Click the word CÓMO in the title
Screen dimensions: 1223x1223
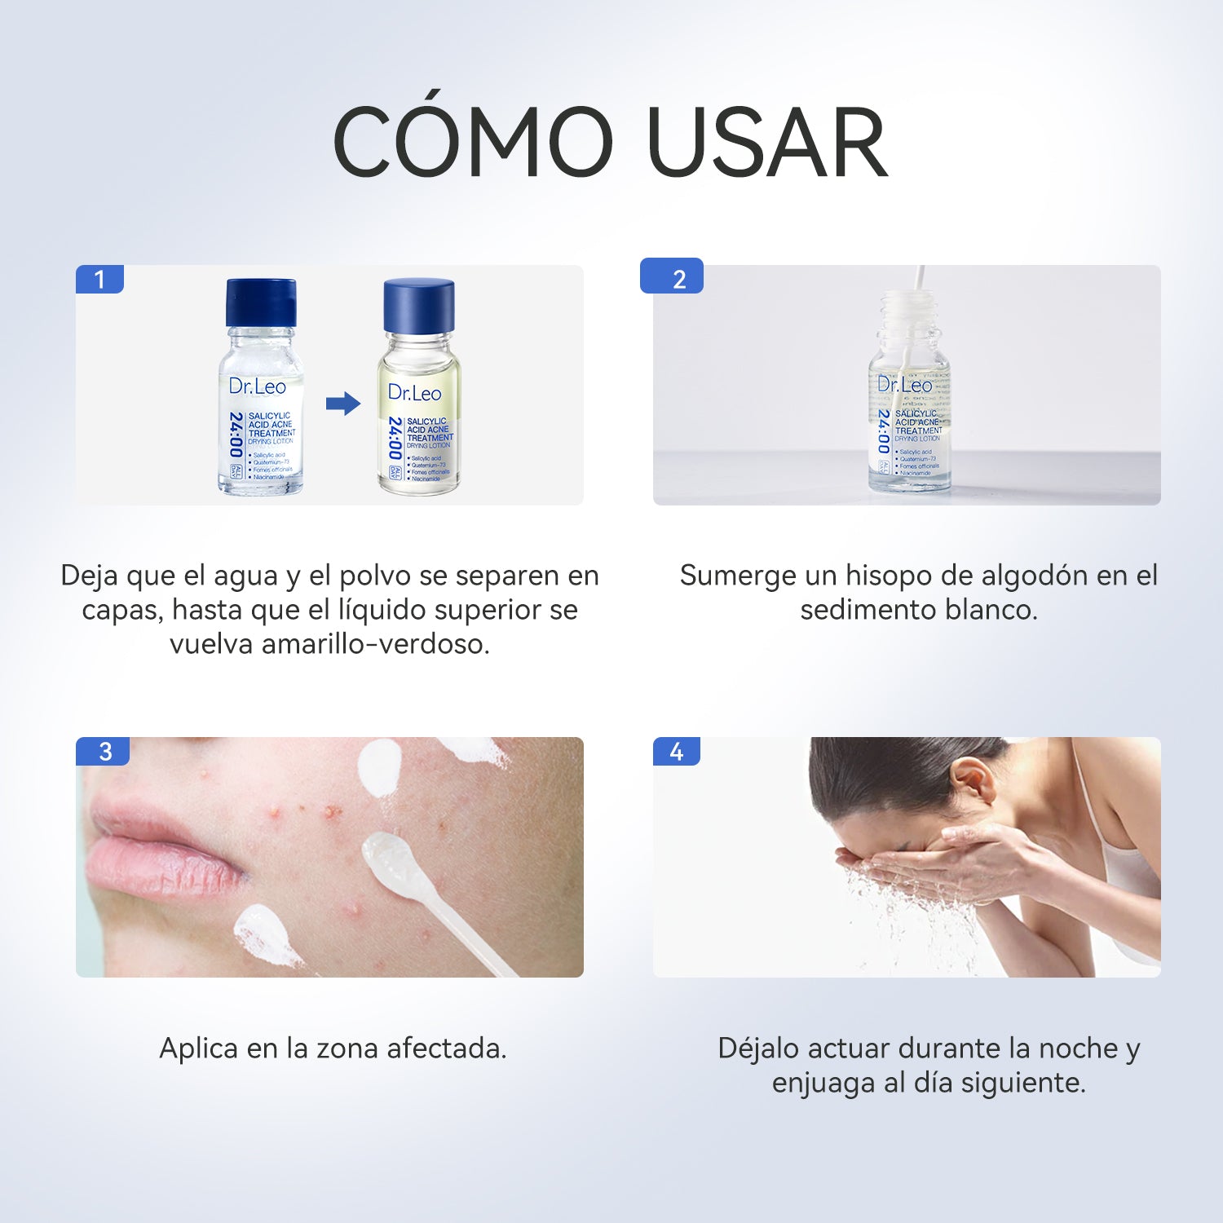tap(473, 143)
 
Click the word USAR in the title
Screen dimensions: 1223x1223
tap(766, 143)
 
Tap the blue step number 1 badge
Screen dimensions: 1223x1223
tap(99, 280)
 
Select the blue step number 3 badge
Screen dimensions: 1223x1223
tap(104, 751)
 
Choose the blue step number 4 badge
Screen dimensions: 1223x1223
tap(676, 751)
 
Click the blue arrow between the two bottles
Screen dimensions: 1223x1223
tap(342, 403)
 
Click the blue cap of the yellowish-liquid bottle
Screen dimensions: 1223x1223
tap(418, 305)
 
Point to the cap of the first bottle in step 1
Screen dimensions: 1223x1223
tap(261, 302)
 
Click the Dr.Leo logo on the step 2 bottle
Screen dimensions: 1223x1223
tap(904, 384)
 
